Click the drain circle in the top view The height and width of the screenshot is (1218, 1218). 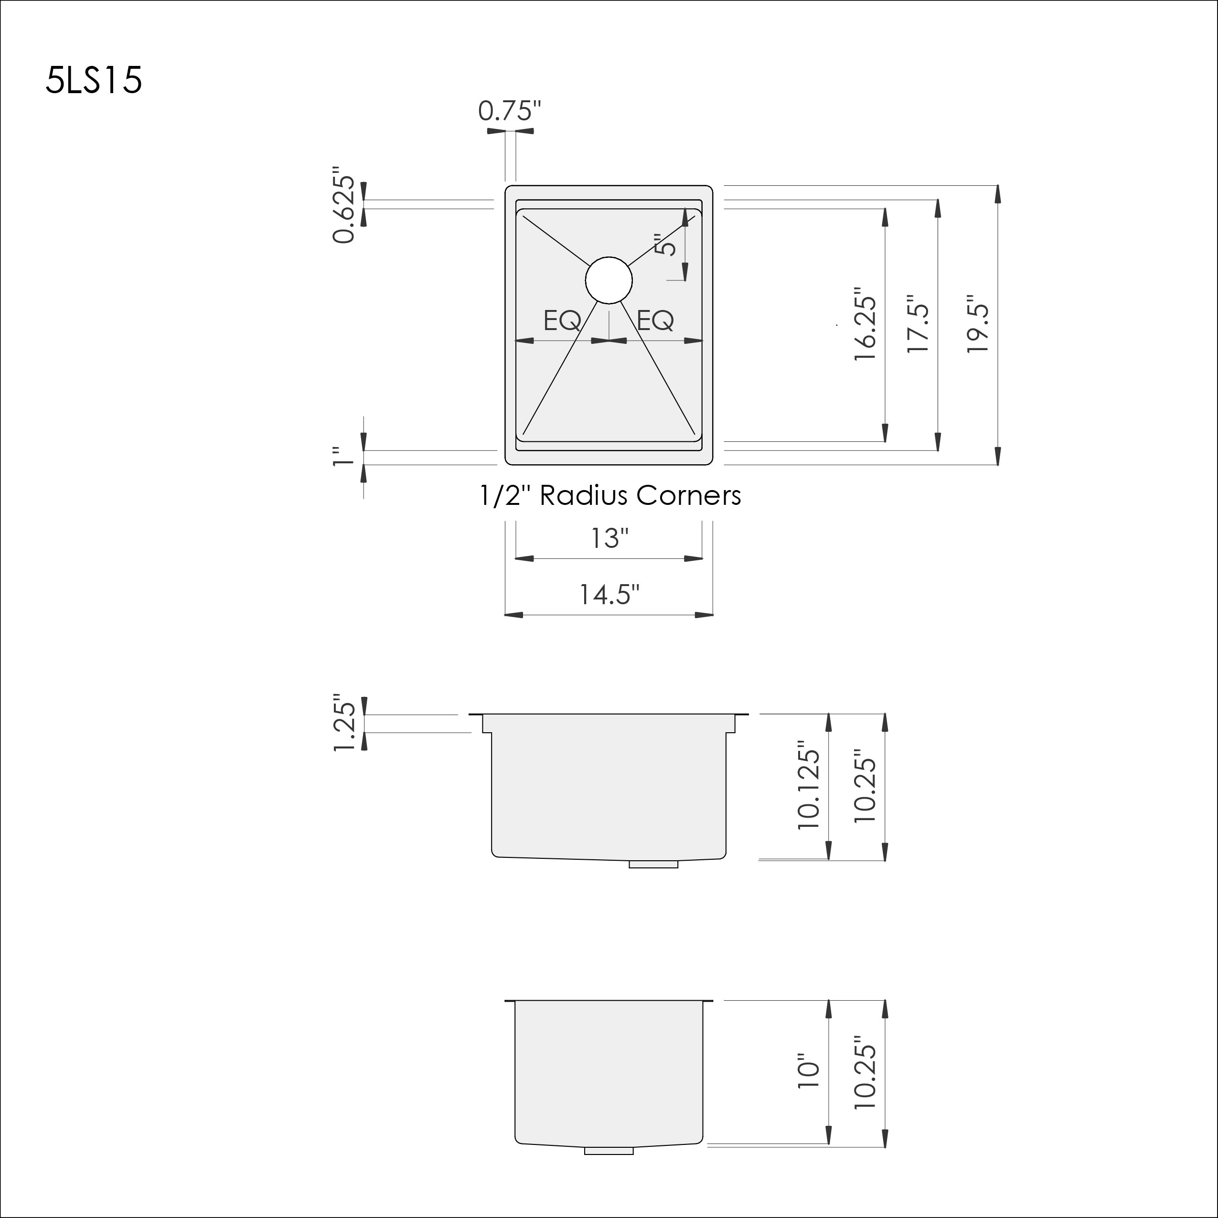pyautogui.click(x=609, y=280)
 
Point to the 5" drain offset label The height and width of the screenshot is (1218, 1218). pyautogui.click(x=666, y=245)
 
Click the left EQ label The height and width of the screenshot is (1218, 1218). pyautogui.click(x=562, y=320)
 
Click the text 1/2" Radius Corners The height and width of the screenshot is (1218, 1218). pyautogui.click(x=609, y=495)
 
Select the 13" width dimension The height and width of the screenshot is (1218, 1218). pyautogui.click(x=609, y=538)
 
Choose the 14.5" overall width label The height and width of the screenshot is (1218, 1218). pyautogui.click(x=609, y=594)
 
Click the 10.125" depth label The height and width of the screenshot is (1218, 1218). pyautogui.click(x=809, y=789)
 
